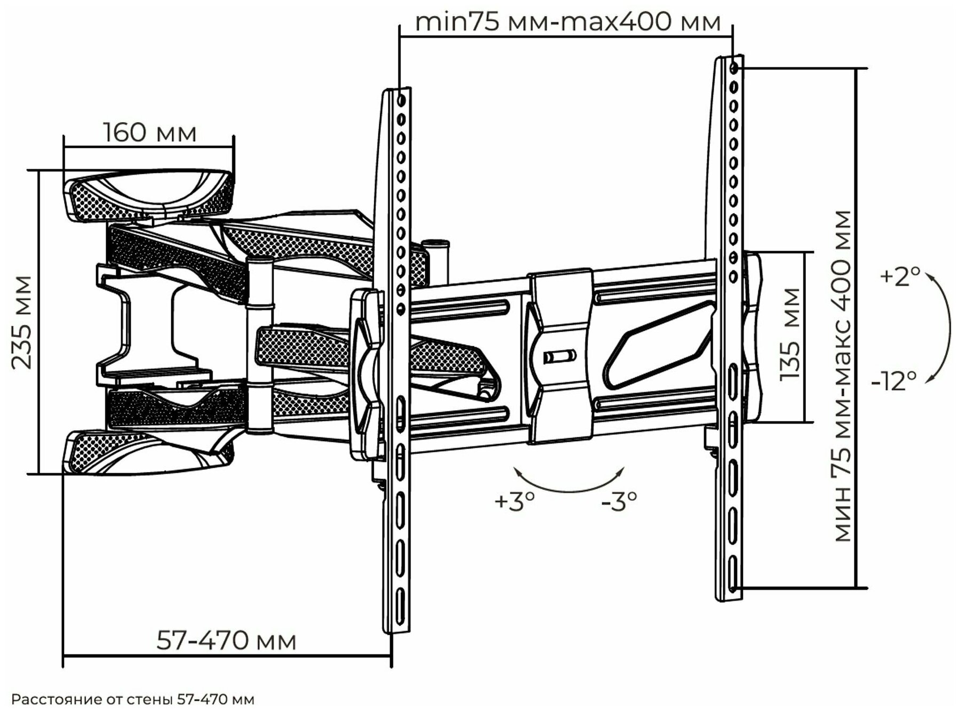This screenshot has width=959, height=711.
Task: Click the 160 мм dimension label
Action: [x=150, y=133]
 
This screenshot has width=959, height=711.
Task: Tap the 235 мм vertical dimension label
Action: [x=22, y=322]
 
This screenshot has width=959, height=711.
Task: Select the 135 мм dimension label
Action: [x=790, y=334]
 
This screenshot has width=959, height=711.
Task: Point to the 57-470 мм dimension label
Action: [x=226, y=641]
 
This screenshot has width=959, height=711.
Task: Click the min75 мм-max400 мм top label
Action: [x=568, y=22]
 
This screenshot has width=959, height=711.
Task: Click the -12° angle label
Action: [x=894, y=381]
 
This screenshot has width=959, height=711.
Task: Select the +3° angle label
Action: [x=514, y=502]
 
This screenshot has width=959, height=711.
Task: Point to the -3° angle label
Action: [x=619, y=501]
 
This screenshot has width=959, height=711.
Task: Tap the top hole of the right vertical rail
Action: [x=734, y=68]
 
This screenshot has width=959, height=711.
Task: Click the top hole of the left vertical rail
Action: [x=402, y=100]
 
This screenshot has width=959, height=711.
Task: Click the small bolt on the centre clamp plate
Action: [x=559, y=355]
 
